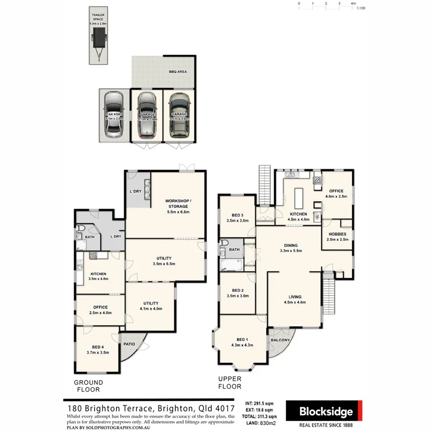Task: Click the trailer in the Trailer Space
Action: pos(99,37)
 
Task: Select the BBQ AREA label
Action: pos(178,72)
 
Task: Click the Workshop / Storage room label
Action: pos(178,204)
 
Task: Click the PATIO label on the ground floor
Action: pos(129,344)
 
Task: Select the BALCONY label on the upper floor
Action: pos(281,340)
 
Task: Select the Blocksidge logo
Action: pos(326,412)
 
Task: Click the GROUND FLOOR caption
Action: pos(88,386)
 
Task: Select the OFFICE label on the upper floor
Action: pos(336,191)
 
